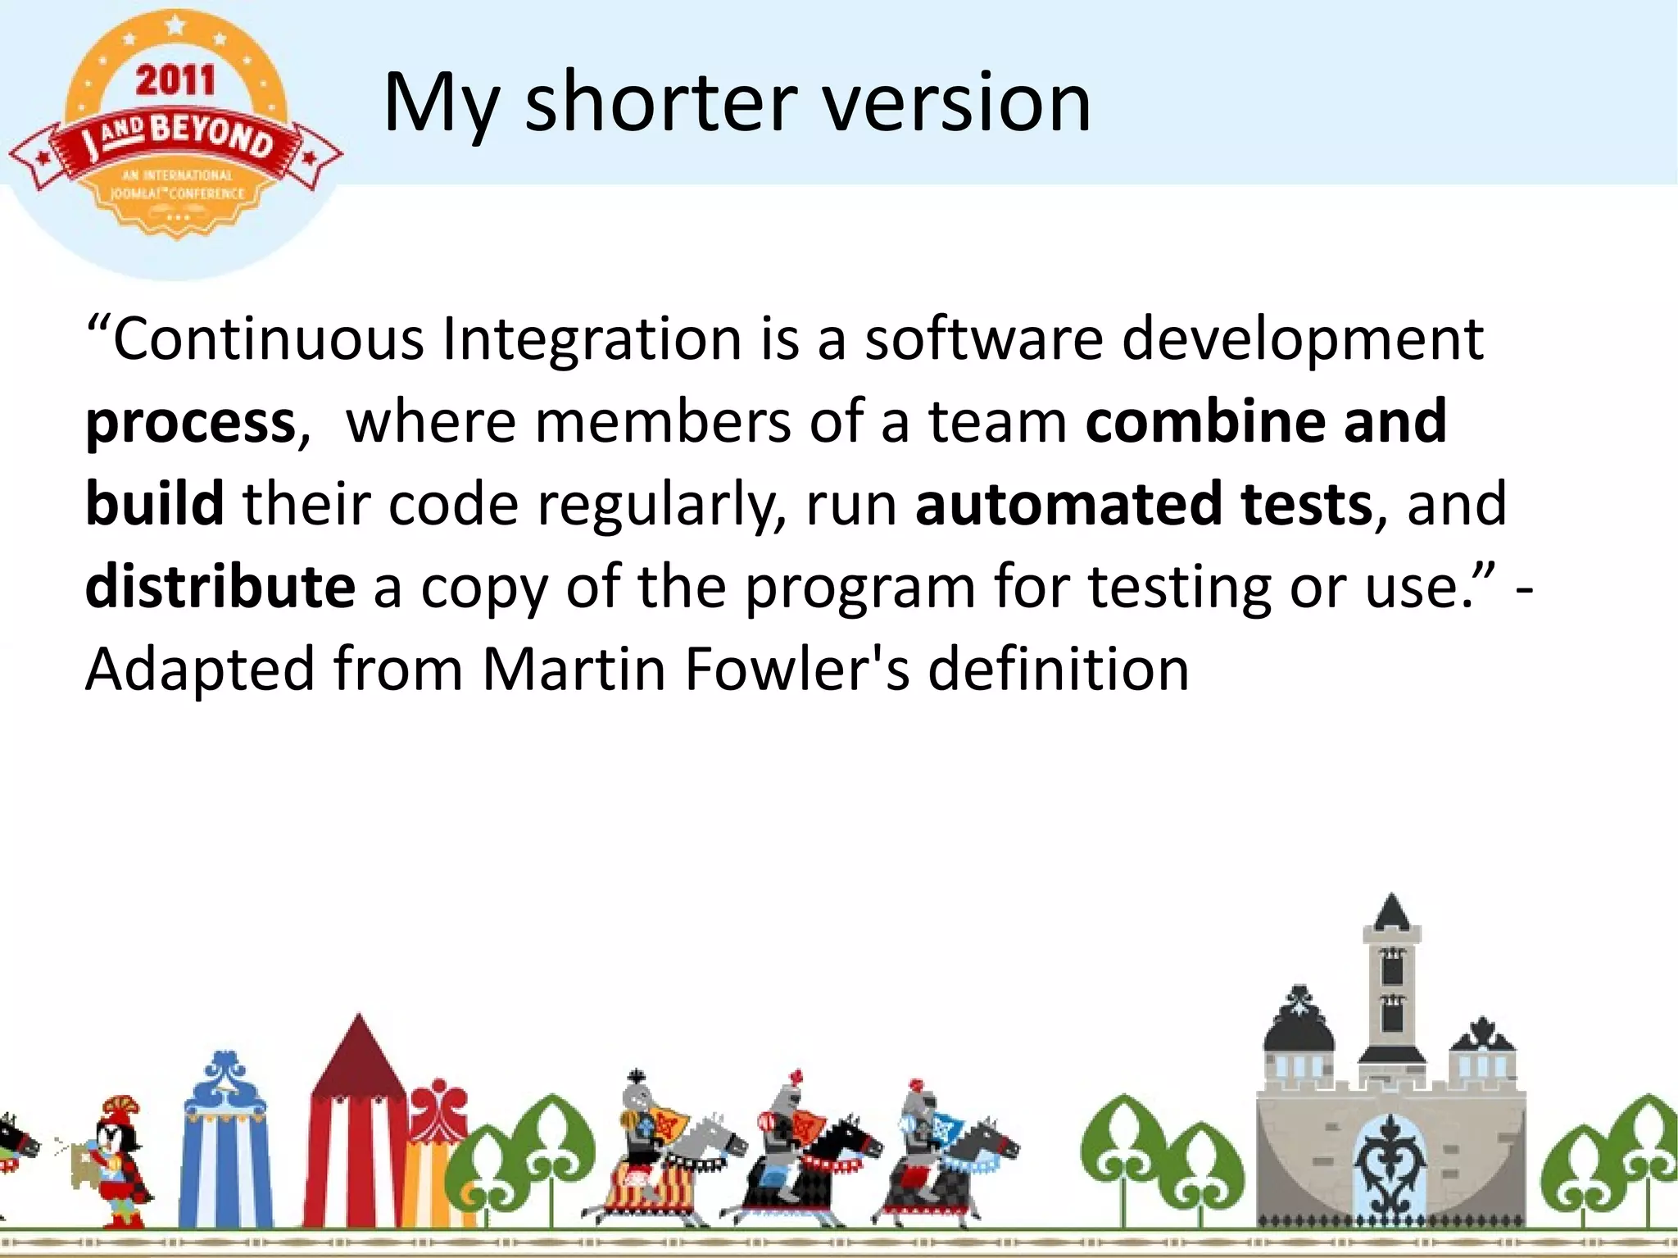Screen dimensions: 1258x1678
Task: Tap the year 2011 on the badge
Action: [x=175, y=80]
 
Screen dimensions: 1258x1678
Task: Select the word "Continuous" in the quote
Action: [x=269, y=338]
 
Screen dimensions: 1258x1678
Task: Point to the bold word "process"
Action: [x=190, y=423]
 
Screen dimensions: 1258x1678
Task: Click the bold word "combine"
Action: [x=1204, y=420]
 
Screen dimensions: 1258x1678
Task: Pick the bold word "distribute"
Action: [x=220, y=586]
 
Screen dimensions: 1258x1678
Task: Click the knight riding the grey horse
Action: [x=655, y=1147]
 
